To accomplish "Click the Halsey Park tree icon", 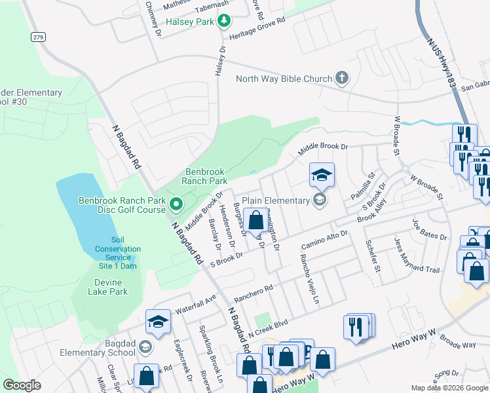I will pos(224,22).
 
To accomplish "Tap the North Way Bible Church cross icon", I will pos(341,79).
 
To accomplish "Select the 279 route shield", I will pos(38,37).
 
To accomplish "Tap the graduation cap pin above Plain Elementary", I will pos(322,175).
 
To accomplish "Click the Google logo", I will pos(22,384).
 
